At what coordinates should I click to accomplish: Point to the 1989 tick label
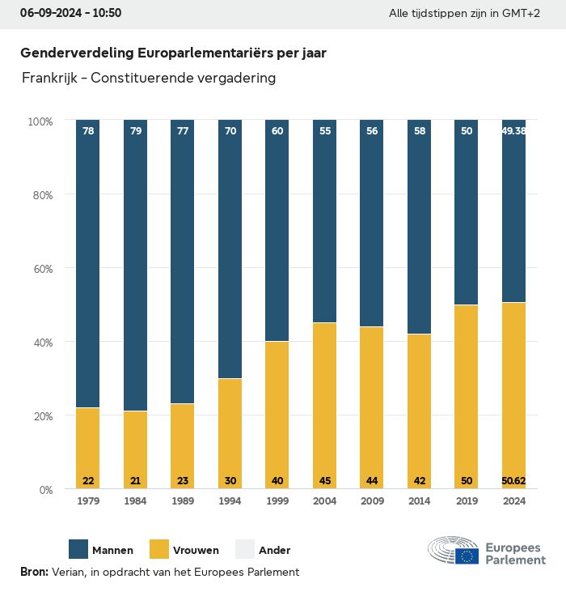click(x=183, y=502)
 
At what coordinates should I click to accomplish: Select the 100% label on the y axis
click(x=40, y=121)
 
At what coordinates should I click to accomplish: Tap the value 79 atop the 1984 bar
click(x=135, y=130)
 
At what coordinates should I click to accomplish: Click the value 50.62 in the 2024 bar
click(x=513, y=481)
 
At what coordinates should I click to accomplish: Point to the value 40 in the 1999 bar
click(x=277, y=481)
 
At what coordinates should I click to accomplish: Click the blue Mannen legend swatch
click(x=78, y=550)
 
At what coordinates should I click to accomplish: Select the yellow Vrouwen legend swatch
click(x=159, y=550)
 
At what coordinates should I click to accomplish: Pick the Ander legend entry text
click(x=274, y=551)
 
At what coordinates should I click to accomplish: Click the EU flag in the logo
click(x=467, y=556)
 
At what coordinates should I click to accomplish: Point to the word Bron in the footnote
click(x=33, y=573)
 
